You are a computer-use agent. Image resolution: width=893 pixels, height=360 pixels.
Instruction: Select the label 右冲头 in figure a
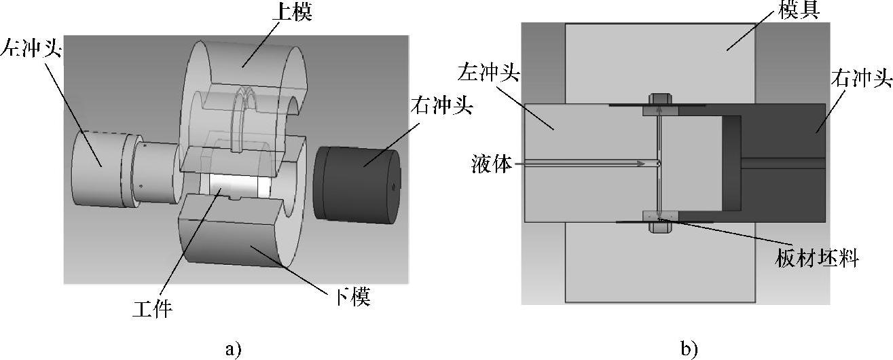click(x=441, y=107)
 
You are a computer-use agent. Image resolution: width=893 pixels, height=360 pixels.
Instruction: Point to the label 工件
click(x=152, y=310)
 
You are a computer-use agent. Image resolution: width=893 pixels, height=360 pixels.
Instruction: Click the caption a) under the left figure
click(x=232, y=349)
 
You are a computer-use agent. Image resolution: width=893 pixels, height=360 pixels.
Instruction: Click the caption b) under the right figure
click(x=689, y=349)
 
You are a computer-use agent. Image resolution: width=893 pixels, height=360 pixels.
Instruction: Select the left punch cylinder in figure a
click(x=98, y=170)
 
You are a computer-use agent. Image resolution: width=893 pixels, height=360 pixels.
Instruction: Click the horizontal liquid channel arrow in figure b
click(x=584, y=163)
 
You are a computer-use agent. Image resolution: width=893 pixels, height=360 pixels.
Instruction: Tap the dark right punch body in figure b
click(x=781, y=136)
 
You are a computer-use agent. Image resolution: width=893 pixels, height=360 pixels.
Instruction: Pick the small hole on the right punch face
click(x=393, y=185)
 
